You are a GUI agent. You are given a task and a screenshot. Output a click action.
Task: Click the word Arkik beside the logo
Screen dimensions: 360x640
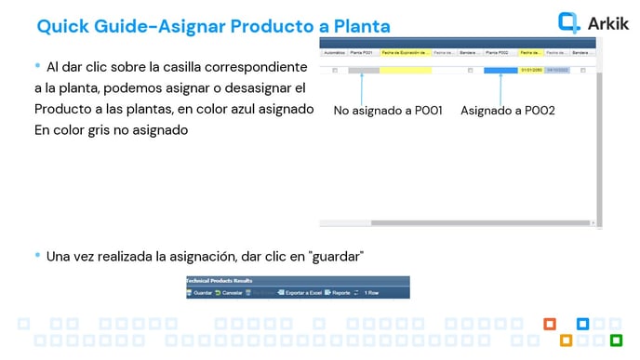pyautogui.click(x=608, y=23)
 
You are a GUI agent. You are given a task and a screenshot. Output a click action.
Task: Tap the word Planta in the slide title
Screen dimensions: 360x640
pyautogui.click(x=357, y=26)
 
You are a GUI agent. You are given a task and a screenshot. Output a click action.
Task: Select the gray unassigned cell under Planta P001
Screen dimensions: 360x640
pyautogui.click(x=364, y=71)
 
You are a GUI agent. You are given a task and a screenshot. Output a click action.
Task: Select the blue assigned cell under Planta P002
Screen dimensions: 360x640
pyautogui.click(x=500, y=71)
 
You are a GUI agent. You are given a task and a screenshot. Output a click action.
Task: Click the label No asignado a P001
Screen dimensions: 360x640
pyautogui.click(x=388, y=110)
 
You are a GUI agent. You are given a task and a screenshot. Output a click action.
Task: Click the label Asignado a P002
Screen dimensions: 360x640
pyautogui.click(x=507, y=110)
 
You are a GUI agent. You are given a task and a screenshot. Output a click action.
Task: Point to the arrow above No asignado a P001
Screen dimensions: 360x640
pyautogui.click(x=364, y=87)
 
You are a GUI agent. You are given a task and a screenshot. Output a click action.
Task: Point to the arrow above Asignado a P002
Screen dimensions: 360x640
pyautogui.click(x=500, y=87)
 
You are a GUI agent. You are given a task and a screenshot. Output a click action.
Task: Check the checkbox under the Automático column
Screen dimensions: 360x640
pyautogui.click(x=334, y=71)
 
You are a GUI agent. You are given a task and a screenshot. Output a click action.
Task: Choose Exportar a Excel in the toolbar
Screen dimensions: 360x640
pyautogui.click(x=300, y=293)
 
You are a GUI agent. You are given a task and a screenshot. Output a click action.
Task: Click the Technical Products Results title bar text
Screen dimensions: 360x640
pyautogui.click(x=220, y=279)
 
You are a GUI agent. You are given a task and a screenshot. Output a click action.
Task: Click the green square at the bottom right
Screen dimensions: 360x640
pyautogui.click(x=616, y=339)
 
